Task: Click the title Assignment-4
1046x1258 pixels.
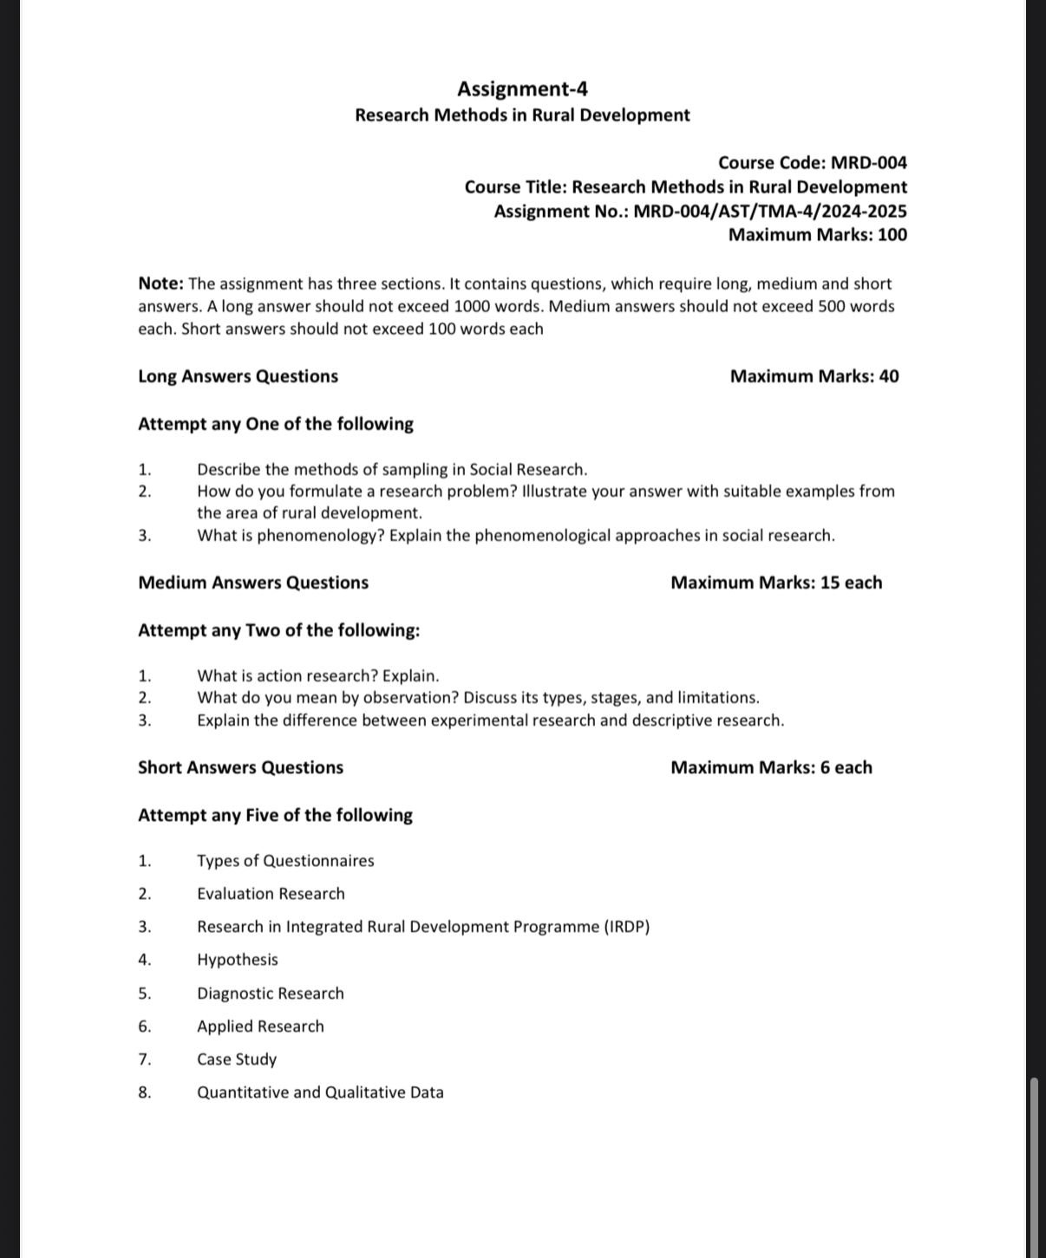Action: [522, 89]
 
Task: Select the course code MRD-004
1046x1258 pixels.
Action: [868, 163]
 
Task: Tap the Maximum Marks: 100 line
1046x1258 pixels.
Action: [817, 235]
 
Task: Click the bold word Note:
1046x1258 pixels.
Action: [160, 284]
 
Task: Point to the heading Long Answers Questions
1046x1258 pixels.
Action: [238, 376]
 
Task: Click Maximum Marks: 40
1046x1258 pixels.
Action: [814, 376]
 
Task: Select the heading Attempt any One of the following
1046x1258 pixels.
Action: [275, 424]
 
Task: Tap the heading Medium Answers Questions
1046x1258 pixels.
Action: [252, 583]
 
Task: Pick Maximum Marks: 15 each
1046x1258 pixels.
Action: [775, 583]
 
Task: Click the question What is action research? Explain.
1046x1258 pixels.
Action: [317, 676]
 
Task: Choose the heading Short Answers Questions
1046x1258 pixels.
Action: [240, 767]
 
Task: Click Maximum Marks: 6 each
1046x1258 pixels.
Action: [771, 767]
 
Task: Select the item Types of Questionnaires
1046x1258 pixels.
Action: [285, 861]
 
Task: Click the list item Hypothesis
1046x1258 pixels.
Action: [237, 960]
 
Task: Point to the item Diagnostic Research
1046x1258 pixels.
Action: [270, 994]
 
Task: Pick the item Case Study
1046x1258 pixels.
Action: [236, 1059]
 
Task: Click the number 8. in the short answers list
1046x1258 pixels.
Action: [144, 1092]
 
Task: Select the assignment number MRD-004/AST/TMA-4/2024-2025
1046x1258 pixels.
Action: [770, 212]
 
